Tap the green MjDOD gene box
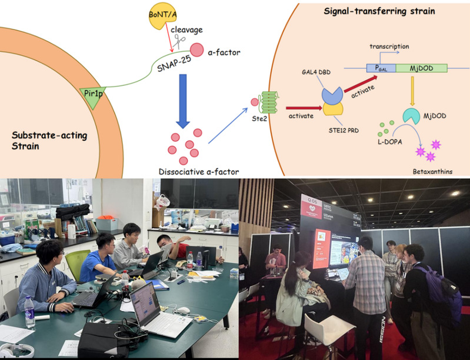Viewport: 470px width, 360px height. point(419,68)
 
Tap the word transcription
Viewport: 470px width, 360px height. point(389,46)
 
